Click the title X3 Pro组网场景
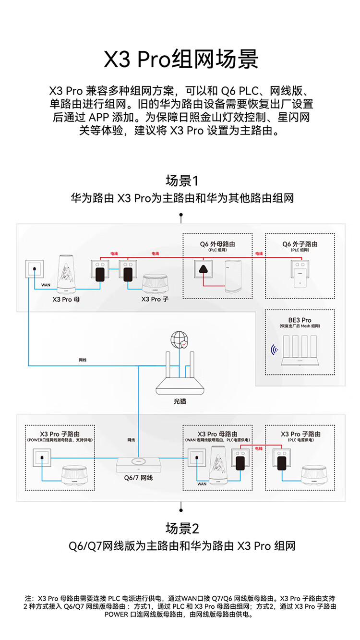click(x=181, y=60)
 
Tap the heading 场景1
click(x=181, y=181)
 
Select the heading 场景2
click(x=181, y=529)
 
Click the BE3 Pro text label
click(x=300, y=320)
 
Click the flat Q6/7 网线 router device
click(x=138, y=464)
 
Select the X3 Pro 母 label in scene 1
click(x=62, y=299)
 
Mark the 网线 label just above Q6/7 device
click(x=132, y=439)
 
